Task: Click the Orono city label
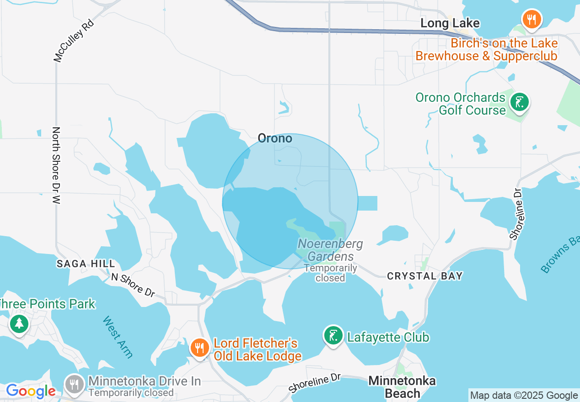click(x=275, y=138)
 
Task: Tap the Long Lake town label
click(x=450, y=23)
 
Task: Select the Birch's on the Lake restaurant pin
click(x=532, y=20)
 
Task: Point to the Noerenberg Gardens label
click(x=330, y=250)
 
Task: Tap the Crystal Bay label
click(x=425, y=276)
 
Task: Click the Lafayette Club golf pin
click(x=333, y=336)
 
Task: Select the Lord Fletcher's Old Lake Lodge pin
click(x=199, y=348)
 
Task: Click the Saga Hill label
click(x=86, y=264)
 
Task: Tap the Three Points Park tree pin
click(x=19, y=324)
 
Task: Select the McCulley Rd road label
click(x=73, y=41)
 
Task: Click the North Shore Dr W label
click(x=56, y=165)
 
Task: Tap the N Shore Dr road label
click(x=133, y=285)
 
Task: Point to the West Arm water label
click(x=118, y=337)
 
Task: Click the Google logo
click(x=30, y=391)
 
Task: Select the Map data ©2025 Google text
click(x=524, y=396)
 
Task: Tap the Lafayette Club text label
click(x=388, y=337)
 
